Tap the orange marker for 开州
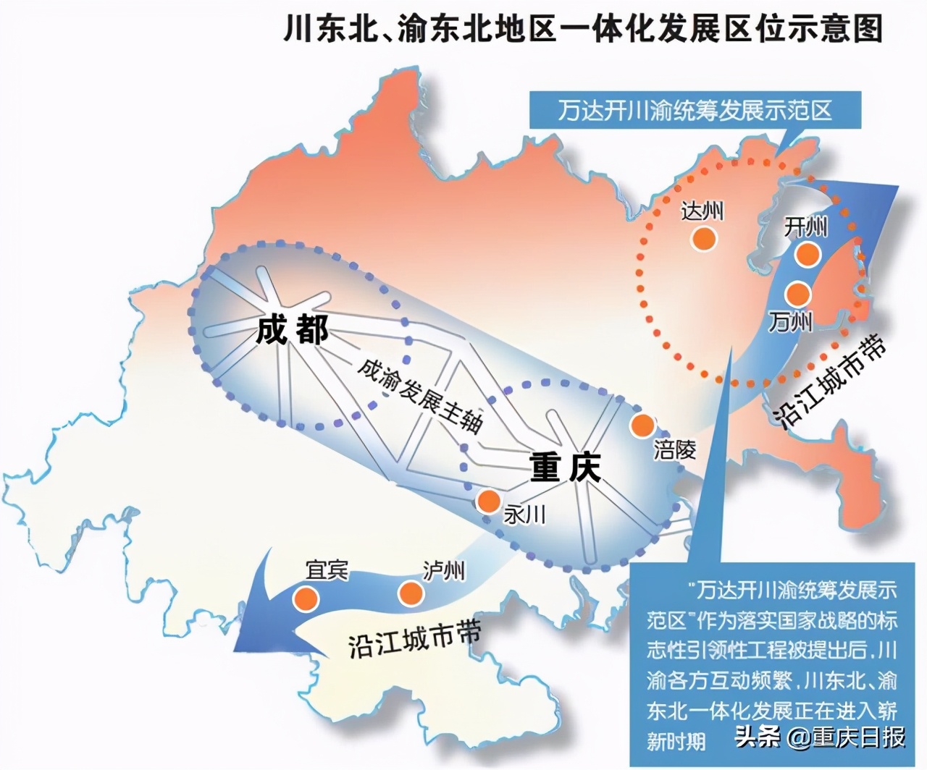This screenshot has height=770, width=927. coord(807,253)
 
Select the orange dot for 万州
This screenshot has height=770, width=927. coord(797,293)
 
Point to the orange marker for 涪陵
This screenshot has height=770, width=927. coord(642,426)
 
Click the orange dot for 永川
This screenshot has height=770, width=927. coord(488,500)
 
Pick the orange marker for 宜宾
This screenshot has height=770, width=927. coord(306,598)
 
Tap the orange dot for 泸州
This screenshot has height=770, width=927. coord(411,593)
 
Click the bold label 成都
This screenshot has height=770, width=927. coord(292,330)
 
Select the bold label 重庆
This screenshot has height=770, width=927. coord(565,467)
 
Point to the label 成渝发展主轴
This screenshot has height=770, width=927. coord(420,394)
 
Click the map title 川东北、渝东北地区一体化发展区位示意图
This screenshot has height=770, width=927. coord(583,30)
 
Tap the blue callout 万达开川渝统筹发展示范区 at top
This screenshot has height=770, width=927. coord(695,110)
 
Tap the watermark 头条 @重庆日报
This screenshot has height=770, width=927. coord(820,737)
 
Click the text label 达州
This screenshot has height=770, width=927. coord(702,211)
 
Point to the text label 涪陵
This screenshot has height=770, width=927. coord(674,450)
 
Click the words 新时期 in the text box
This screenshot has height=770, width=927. coord(676,740)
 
